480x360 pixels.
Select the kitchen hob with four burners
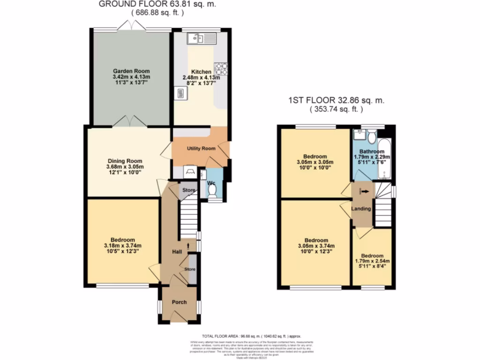tap(221, 69)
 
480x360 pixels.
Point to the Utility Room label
tap(201, 149)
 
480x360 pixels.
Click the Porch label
tap(179, 302)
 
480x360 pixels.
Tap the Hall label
tap(177, 252)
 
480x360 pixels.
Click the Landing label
tap(362, 209)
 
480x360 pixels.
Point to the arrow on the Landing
tap(364, 191)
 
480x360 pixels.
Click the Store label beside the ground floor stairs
tap(188, 190)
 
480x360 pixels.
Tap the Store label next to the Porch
tap(190, 270)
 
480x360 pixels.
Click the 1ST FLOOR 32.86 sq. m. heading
tap(336, 101)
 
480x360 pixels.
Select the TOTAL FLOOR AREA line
tap(251, 336)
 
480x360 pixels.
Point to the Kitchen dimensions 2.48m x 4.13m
tap(201, 77)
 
